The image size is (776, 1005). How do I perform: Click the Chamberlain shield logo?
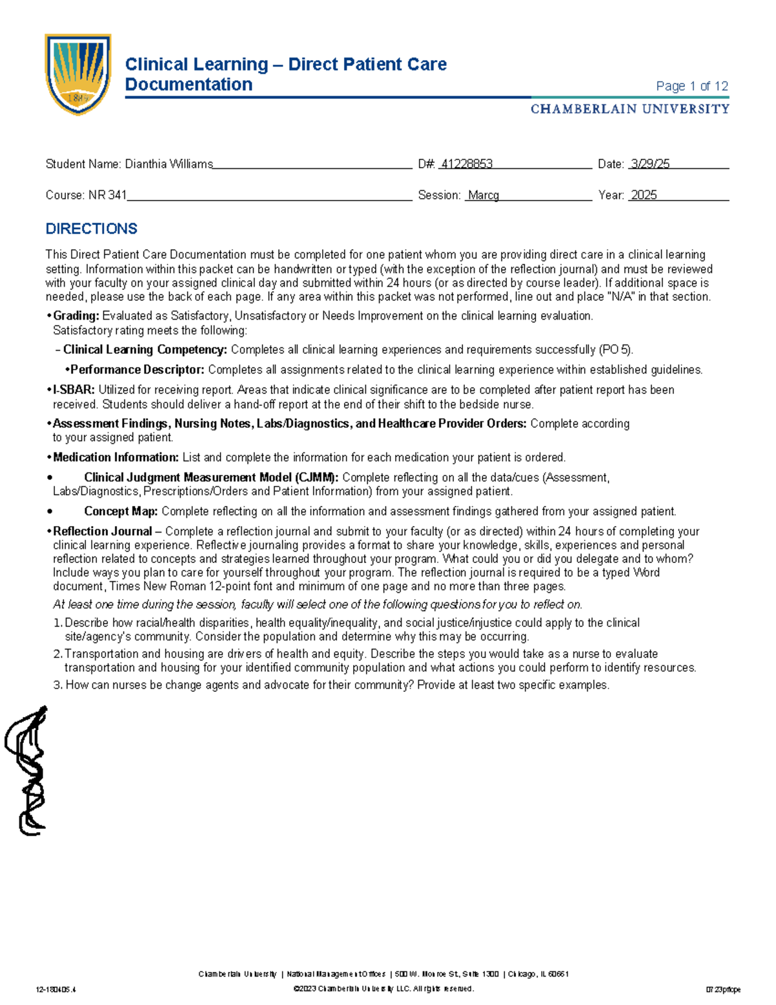point(78,74)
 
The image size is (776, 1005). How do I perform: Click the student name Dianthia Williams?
point(169,164)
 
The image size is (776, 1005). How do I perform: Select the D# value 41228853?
point(466,164)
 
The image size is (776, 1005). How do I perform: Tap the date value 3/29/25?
point(650,164)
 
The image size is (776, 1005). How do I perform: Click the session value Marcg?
point(483,195)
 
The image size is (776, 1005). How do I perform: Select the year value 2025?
point(643,195)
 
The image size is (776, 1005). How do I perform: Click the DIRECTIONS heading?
point(91,229)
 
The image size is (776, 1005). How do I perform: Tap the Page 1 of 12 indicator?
point(692,86)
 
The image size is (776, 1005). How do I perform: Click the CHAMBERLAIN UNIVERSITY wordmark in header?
point(630,109)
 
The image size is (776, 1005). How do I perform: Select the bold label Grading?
point(76,316)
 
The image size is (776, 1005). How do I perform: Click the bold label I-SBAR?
point(74,390)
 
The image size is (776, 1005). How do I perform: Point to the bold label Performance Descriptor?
point(137,370)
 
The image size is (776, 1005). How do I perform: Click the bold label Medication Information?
point(116,458)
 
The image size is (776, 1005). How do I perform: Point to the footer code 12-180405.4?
point(56,989)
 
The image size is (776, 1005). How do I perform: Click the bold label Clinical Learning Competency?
point(145,350)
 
